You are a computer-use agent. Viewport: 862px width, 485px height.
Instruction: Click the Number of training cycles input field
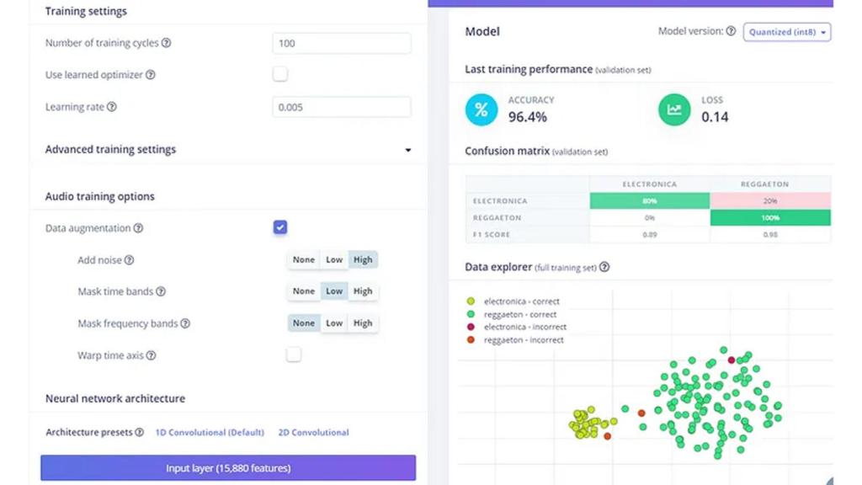click(x=341, y=43)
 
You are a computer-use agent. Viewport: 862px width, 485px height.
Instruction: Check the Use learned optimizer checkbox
click(x=280, y=74)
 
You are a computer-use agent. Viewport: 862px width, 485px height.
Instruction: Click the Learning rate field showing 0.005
click(x=341, y=107)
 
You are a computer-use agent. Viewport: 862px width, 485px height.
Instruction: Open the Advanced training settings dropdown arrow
click(x=408, y=150)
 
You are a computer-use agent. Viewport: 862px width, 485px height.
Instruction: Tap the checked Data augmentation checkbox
click(x=280, y=227)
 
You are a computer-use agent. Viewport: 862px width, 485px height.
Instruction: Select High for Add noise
click(x=363, y=260)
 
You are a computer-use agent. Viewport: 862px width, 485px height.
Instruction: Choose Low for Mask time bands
click(x=334, y=291)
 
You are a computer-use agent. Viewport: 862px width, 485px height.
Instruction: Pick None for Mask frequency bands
click(x=304, y=323)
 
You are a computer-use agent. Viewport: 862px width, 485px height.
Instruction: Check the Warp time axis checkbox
click(x=293, y=354)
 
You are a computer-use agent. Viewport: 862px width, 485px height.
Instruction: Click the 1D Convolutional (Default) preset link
click(x=210, y=433)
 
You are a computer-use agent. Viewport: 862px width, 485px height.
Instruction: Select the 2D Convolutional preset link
click(x=313, y=433)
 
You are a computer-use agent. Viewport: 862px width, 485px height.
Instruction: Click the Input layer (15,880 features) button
click(x=228, y=468)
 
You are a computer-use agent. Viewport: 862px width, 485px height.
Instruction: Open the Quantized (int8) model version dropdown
click(x=786, y=32)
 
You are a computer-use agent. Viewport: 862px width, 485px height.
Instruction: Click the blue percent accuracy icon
click(x=482, y=109)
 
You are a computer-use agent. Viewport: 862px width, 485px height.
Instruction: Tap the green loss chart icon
click(x=674, y=109)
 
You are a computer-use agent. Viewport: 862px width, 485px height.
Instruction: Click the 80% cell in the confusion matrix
click(x=650, y=201)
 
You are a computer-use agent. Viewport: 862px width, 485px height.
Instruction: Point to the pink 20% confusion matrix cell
click(x=770, y=201)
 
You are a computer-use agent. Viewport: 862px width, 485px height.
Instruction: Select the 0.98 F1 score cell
click(x=770, y=234)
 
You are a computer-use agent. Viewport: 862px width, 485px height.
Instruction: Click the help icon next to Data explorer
click(x=604, y=268)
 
